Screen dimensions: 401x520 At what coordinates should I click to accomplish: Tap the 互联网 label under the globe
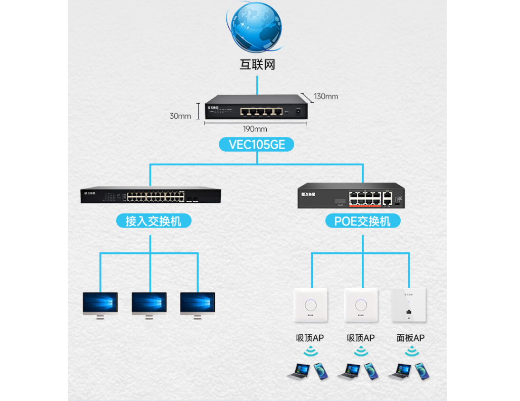pyautogui.click(x=257, y=65)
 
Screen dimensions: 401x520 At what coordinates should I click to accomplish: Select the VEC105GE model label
pyautogui.click(x=257, y=145)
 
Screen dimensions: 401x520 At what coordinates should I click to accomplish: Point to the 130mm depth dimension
pyautogui.click(x=326, y=96)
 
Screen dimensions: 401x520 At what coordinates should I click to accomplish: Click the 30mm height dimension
pyautogui.click(x=180, y=116)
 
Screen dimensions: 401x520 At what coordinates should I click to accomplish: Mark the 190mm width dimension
pyautogui.click(x=255, y=129)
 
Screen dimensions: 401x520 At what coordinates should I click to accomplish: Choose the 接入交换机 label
pyautogui.click(x=150, y=221)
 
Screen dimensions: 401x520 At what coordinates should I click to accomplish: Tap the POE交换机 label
pyautogui.click(x=362, y=221)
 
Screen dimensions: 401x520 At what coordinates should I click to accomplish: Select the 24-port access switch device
pyautogui.click(x=151, y=195)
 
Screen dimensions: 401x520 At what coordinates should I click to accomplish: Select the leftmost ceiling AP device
pyautogui.click(x=311, y=305)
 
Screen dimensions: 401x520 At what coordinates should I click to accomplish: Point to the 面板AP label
pyautogui.click(x=410, y=338)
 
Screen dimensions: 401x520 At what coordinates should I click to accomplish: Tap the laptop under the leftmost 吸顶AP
pyautogui.click(x=299, y=371)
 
